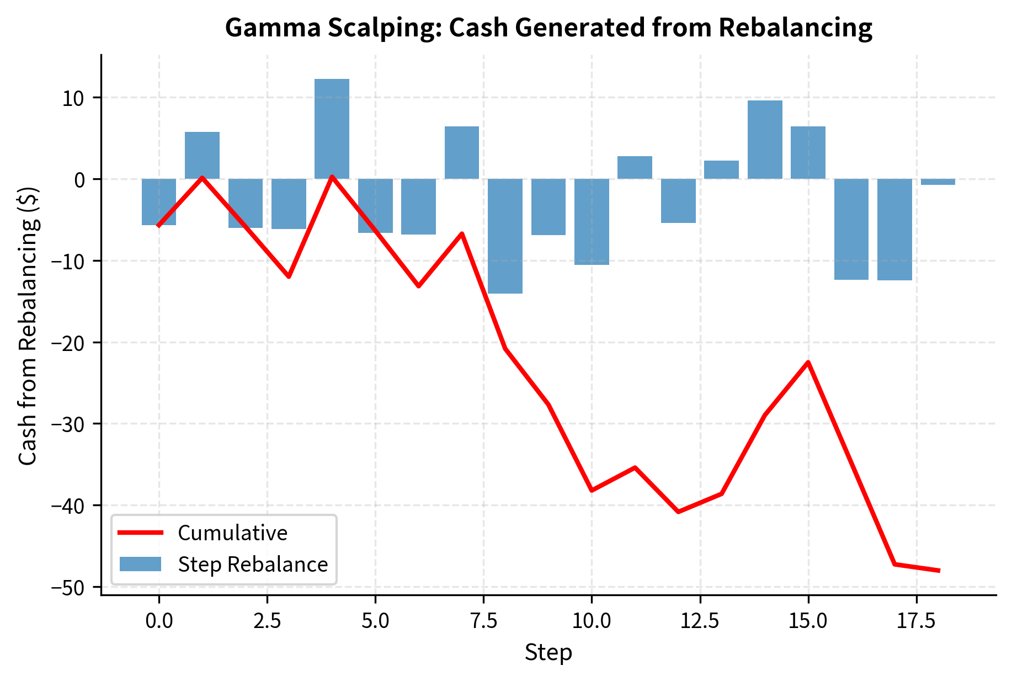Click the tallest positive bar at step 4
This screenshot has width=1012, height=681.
[332, 129]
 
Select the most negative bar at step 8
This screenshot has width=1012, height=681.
[505, 236]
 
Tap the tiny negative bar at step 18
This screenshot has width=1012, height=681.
[938, 182]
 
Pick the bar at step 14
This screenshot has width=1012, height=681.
[765, 140]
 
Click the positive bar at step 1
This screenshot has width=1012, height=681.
[202, 155]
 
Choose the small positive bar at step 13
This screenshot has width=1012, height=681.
[721, 169]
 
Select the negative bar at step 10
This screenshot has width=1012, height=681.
[592, 221]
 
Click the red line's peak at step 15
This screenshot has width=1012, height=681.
[808, 362]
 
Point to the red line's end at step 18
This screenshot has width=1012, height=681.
[938, 571]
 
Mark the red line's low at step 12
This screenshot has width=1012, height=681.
[678, 512]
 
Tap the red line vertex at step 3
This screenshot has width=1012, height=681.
[289, 276]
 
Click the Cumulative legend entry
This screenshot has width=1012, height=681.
[232, 533]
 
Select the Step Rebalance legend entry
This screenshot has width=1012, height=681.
[252, 565]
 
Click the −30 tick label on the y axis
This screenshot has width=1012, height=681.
[68, 424]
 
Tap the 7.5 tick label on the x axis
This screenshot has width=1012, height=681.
[483, 621]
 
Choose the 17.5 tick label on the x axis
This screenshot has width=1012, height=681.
[917, 621]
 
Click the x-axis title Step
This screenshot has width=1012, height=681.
[548, 653]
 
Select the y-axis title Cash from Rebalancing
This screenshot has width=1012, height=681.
[28, 326]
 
